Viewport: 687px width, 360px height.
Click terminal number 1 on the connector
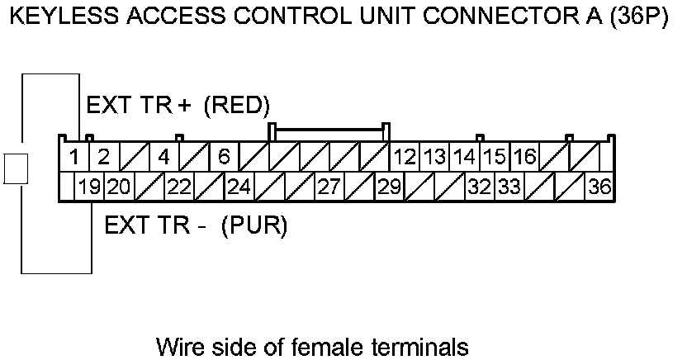click(73, 156)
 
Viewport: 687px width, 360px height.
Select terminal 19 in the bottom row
click(89, 187)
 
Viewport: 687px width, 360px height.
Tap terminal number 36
click(599, 187)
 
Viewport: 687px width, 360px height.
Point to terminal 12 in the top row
click(405, 156)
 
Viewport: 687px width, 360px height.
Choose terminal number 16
click(524, 156)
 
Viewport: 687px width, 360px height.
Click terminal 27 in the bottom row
click(329, 187)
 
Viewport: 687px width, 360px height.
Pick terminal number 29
click(388, 187)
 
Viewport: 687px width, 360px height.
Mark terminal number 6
click(224, 156)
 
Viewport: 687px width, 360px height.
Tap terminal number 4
click(163, 156)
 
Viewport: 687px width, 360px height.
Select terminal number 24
click(239, 187)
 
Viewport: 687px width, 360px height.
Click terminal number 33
click(509, 187)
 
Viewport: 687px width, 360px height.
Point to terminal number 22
click(178, 187)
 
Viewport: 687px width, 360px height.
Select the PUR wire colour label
click(254, 225)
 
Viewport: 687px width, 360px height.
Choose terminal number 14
click(465, 156)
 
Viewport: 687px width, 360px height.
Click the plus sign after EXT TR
click(184, 107)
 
